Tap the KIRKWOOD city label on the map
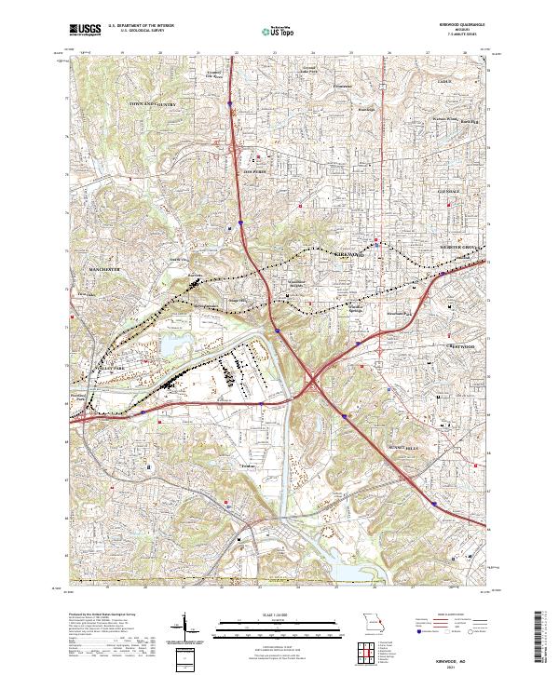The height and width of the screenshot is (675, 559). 347,253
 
